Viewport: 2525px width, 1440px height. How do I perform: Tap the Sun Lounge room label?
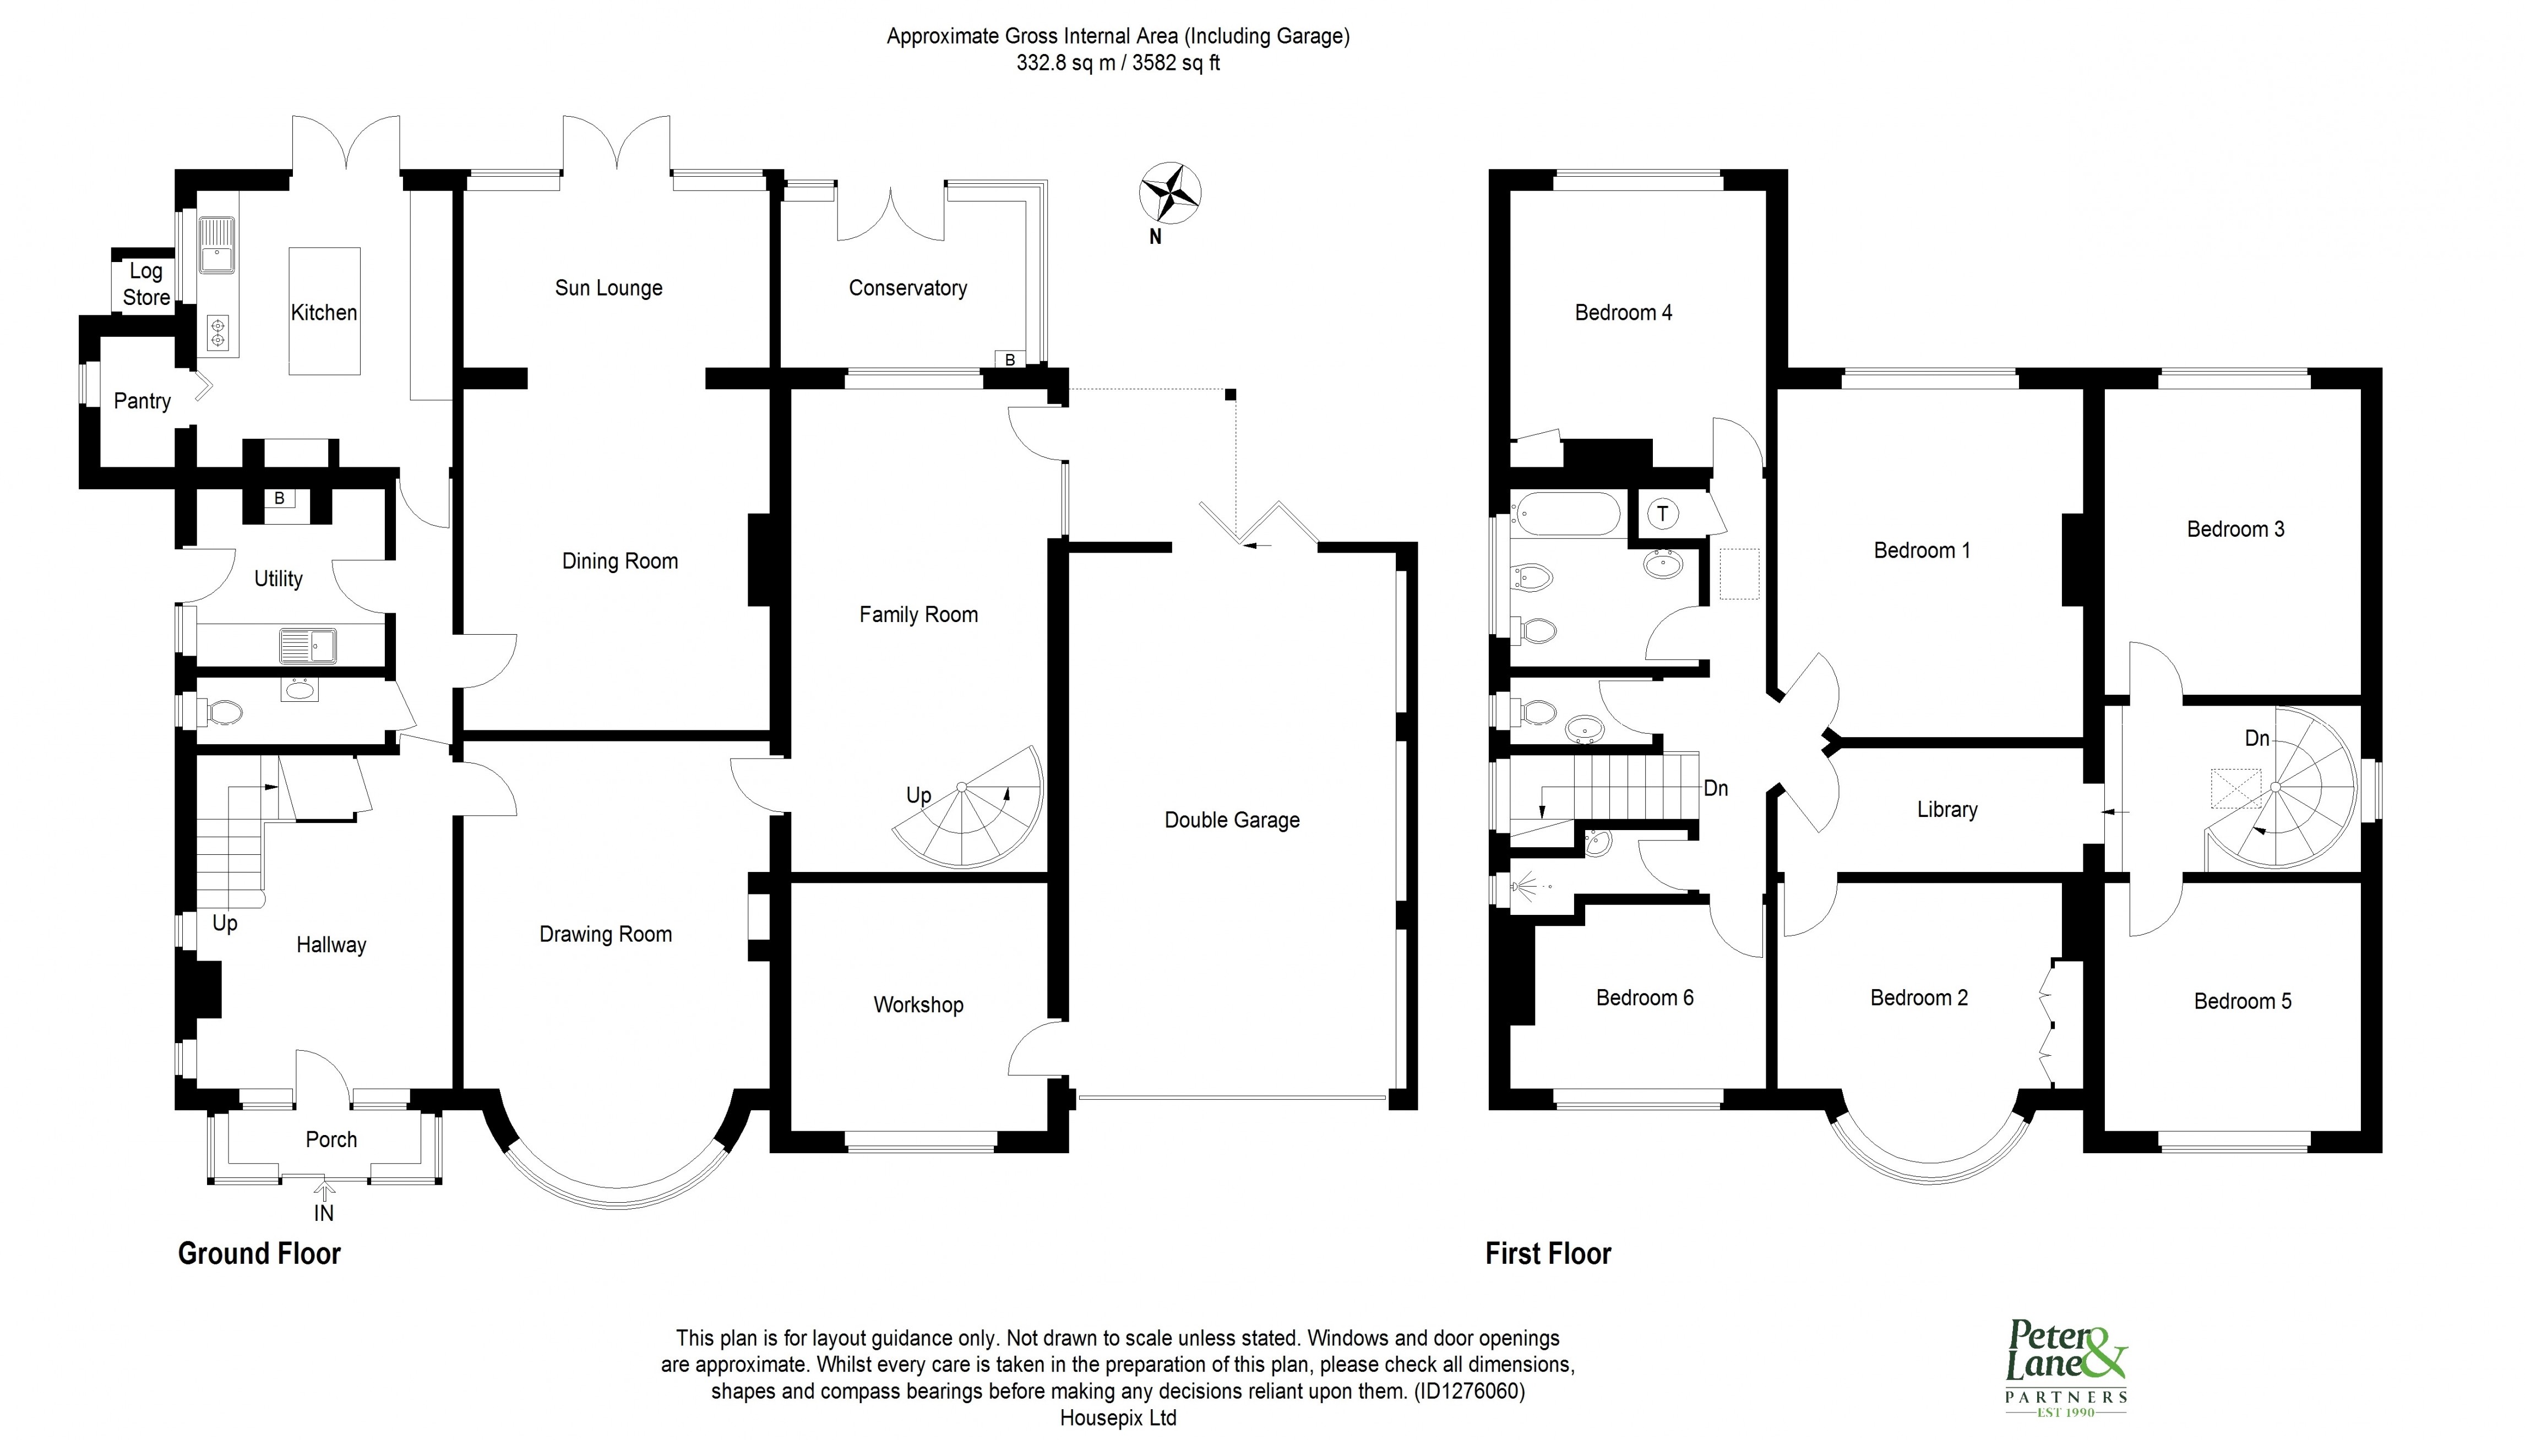pos(608,288)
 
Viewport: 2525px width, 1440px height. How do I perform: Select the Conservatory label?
pos(907,288)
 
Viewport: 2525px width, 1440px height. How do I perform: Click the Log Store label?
pos(145,284)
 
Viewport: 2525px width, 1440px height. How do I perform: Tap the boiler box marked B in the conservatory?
pos(1010,359)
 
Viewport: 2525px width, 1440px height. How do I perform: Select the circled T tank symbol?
pos(1663,513)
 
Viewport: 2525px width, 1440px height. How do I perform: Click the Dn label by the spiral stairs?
pos(2256,738)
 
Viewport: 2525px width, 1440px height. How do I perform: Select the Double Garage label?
pos(1231,820)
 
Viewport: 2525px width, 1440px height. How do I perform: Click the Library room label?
pos(1946,809)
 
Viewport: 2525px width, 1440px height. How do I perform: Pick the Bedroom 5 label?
pos(2241,1001)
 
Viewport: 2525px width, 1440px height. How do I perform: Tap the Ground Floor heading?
pos(259,1253)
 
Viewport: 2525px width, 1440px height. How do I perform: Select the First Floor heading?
pos(1548,1253)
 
